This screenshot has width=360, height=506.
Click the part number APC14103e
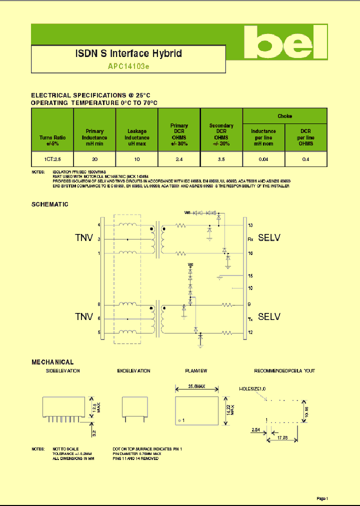click(128, 66)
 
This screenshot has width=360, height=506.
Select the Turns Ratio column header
click(52, 140)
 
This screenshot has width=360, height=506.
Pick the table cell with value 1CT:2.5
click(52, 159)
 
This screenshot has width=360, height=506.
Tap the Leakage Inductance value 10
click(136, 159)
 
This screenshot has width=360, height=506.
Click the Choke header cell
click(284, 116)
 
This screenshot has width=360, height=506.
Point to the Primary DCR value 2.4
click(179, 159)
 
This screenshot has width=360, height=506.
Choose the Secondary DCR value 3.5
click(221, 159)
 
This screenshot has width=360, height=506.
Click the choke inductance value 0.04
click(263, 159)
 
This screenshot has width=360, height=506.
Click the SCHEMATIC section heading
click(50, 204)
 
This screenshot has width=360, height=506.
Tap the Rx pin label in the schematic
click(250, 239)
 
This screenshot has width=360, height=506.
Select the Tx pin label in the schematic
click(250, 318)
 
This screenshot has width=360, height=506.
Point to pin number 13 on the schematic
click(250, 225)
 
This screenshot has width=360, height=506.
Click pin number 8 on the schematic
click(99, 304)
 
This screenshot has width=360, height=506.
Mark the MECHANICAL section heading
click(52, 362)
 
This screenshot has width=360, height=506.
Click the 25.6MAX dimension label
click(196, 386)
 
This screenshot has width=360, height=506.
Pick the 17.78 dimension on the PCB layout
click(281, 438)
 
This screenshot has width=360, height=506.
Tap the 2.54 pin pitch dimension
click(255, 429)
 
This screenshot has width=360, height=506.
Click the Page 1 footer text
click(322, 498)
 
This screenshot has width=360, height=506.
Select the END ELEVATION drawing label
click(133, 371)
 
